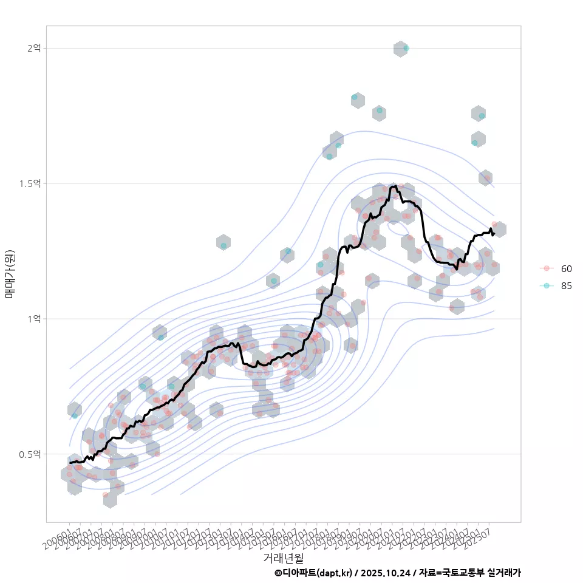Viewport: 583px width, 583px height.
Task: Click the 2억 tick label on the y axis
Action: [x=33, y=48]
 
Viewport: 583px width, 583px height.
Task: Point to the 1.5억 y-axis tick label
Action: [x=30, y=183]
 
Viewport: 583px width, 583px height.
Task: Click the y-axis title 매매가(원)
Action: [x=10, y=274]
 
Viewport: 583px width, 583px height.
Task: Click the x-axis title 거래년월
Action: [x=283, y=557]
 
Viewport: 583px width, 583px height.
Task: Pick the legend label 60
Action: [x=567, y=268]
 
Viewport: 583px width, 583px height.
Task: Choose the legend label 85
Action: [x=567, y=286]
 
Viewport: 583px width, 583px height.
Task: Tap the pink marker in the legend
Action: [x=547, y=268]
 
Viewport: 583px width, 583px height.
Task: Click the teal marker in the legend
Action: [x=547, y=286]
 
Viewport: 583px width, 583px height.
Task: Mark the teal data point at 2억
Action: [x=406, y=48]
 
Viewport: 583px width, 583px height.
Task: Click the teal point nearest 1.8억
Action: [x=355, y=97]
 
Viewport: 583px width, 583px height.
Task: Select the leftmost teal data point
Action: [x=75, y=415]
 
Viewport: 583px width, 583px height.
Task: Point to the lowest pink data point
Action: [x=105, y=495]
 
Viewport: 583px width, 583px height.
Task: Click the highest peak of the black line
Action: [x=395, y=186]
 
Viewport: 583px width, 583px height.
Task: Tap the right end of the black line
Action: [x=494, y=234]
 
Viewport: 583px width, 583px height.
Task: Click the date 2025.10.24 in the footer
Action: [x=386, y=573]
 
